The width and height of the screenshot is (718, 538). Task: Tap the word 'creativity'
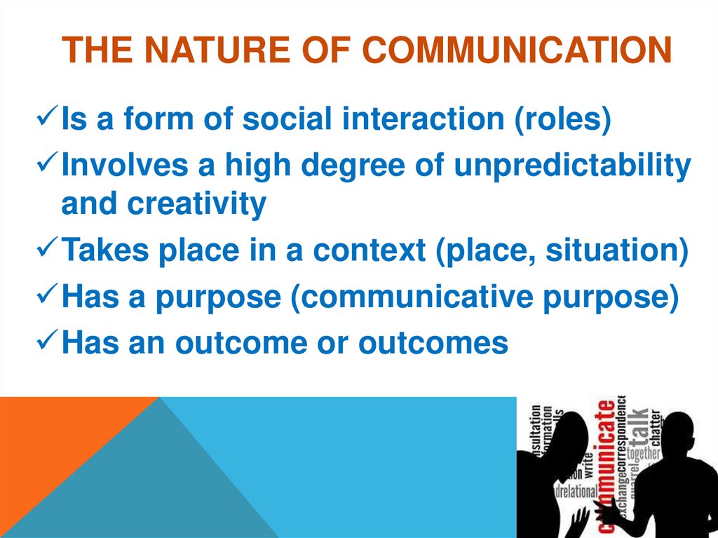[x=196, y=204]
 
